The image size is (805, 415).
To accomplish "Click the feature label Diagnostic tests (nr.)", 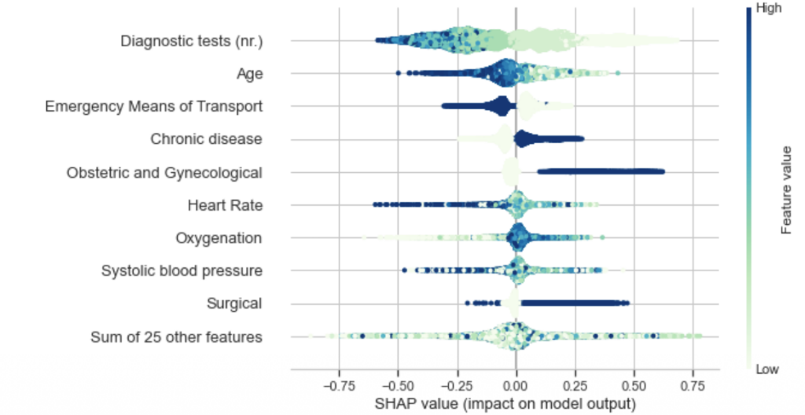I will [x=191, y=41].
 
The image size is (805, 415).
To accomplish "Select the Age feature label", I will [x=249, y=74].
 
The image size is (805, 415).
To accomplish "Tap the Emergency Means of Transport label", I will [x=153, y=106].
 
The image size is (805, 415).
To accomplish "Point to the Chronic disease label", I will [x=206, y=139].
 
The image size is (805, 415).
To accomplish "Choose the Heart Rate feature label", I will [x=224, y=206].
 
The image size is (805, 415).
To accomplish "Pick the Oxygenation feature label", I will [x=219, y=238].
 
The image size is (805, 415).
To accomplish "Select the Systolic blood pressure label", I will [x=182, y=271].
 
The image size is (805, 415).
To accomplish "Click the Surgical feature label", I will [x=234, y=304].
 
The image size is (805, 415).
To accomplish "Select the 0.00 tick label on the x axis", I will [x=516, y=387].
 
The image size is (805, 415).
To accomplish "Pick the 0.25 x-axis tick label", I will [x=575, y=387].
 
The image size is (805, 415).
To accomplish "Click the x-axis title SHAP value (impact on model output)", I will [x=515, y=405].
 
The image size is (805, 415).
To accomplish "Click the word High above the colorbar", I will [x=768, y=9].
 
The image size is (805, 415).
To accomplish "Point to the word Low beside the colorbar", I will [x=767, y=369].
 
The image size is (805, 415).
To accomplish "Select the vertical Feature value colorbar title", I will [x=785, y=189].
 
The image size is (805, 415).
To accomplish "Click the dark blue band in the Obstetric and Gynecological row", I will [x=601, y=172].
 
